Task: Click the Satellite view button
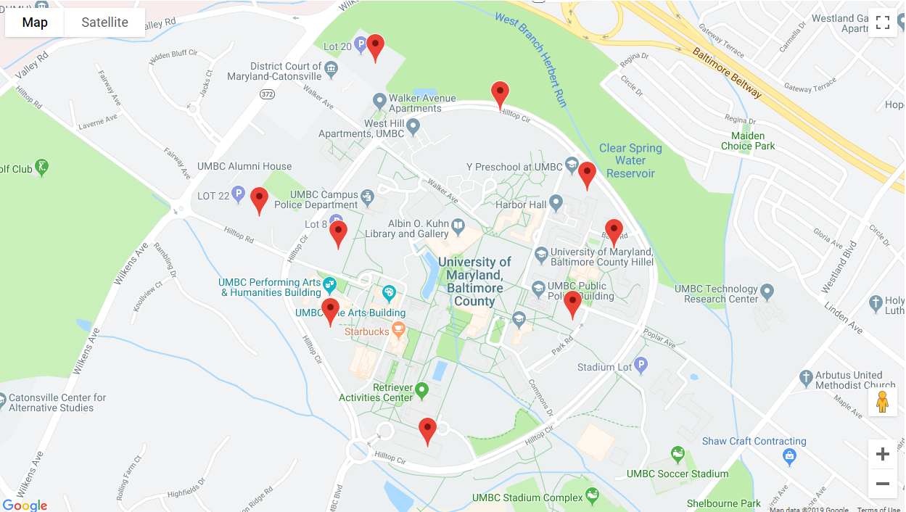pos(104,22)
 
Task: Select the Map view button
pos(35,22)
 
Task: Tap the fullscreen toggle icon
pos(882,22)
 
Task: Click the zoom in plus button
pos(882,455)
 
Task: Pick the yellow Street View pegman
pos(882,401)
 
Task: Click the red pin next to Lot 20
pos(375,47)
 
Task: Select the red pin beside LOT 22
pos(259,200)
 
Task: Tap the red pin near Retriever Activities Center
pos(427,431)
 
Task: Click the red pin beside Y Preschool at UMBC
pos(587,175)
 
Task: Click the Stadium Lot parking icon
pos(640,366)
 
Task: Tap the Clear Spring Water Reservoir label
pos(630,160)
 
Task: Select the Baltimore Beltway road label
pos(727,73)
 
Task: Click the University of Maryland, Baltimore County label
pos(474,281)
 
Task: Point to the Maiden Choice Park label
pos(748,141)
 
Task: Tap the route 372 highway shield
pos(267,94)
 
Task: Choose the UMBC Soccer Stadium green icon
pos(678,455)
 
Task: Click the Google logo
pos(25,505)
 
